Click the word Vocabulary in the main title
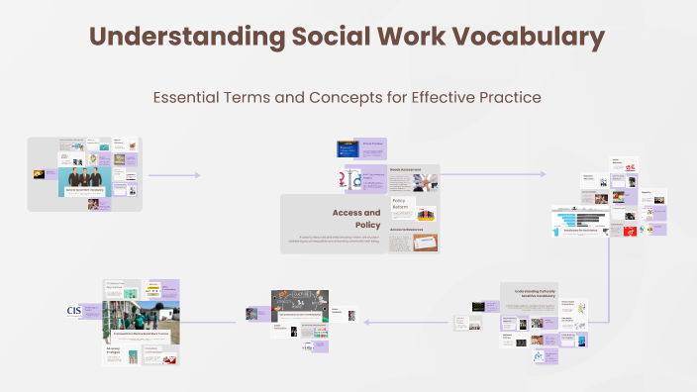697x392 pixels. click(x=535, y=38)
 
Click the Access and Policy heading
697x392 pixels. click(x=355, y=219)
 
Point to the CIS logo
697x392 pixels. click(x=73, y=311)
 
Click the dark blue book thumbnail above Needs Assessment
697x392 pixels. click(x=348, y=148)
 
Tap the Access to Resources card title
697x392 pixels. click(x=408, y=230)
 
